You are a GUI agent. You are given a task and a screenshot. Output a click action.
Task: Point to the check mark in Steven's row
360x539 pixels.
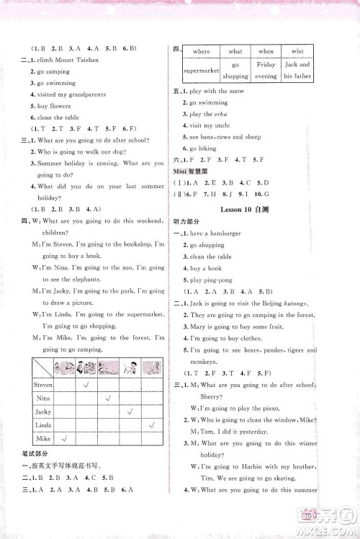pyautogui.click(x=86, y=383)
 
